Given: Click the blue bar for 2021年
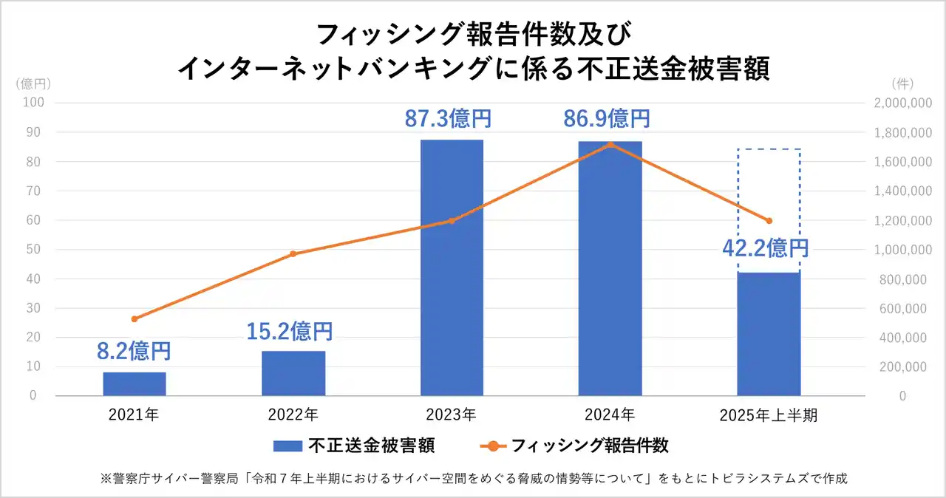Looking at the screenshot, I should click(x=135, y=383).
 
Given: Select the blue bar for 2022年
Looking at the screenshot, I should click(x=293, y=373).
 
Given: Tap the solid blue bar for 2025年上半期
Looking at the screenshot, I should click(x=769, y=334).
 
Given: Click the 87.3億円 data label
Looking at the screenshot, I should click(x=448, y=118).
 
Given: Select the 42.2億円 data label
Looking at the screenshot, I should click(x=765, y=248).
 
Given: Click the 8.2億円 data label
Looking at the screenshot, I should click(x=134, y=350).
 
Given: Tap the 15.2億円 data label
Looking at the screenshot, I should click(x=289, y=331).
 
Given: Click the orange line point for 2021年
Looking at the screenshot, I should click(x=135, y=319).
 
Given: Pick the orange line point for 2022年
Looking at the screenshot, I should click(x=293, y=253).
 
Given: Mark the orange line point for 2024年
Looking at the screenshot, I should click(x=610, y=144).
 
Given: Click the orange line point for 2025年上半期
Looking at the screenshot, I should click(x=769, y=220).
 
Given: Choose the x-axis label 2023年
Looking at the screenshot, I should click(x=451, y=415).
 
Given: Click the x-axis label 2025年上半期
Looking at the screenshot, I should click(x=769, y=415).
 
